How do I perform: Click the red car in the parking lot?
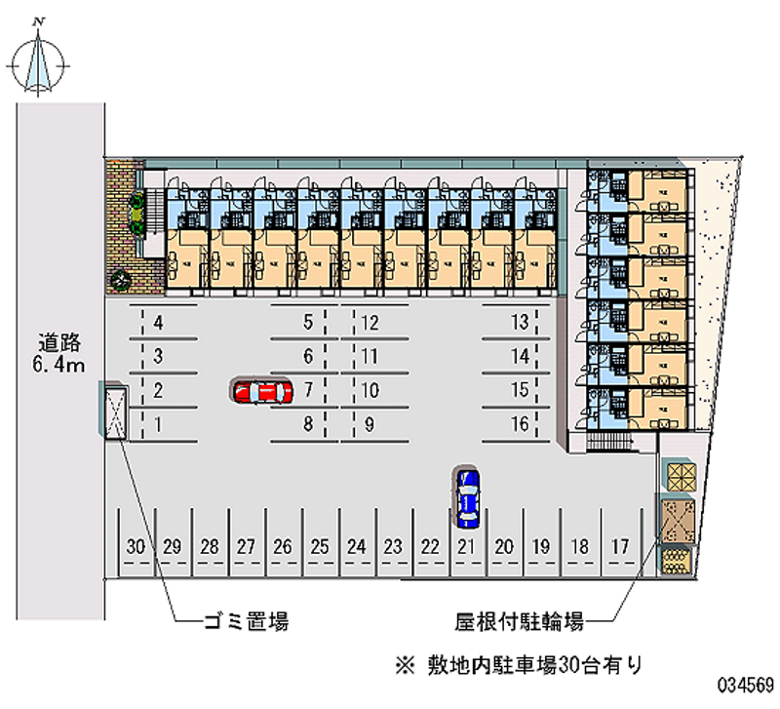[262, 391]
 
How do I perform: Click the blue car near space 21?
[468, 496]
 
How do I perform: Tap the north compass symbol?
[39, 60]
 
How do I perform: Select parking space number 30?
[136, 547]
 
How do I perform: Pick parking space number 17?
[618, 547]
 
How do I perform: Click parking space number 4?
[157, 322]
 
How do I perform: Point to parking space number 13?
[520, 322]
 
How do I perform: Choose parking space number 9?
[370, 424]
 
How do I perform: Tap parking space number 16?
[520, 424]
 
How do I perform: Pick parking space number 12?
[370, 322]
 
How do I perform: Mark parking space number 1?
[157, 424]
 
